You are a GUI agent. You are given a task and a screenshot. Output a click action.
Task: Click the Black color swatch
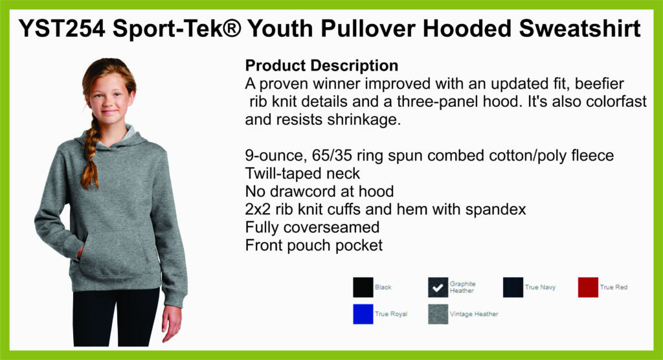[x=363, y=287]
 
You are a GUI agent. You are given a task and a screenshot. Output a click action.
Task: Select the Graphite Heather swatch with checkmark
[x=438, y=287]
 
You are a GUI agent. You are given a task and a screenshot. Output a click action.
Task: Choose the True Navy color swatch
[x=513, y=287]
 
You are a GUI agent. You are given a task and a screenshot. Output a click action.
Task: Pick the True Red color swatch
[x=588, y=287]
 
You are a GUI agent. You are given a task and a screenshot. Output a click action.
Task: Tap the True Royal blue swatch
[x=363, y=314]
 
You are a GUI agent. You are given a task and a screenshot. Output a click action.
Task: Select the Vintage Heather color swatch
[x=438, y=314]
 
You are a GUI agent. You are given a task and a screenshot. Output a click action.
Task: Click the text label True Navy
[x=540, y=287]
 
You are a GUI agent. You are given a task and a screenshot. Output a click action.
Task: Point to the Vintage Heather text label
[x=474, y=314]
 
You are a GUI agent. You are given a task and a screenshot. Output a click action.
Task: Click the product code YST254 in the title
[x=62, y=28]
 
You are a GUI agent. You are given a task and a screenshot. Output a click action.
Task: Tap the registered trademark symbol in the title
[x=231, y=28]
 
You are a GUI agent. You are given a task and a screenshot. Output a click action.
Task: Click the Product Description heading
[x=321, y=65]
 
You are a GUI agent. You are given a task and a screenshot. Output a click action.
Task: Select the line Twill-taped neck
[x=302, y=174]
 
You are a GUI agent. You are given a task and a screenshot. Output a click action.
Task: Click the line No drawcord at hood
[x=319, y=192]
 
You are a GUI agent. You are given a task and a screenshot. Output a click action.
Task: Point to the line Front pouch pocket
[x=314, y=245]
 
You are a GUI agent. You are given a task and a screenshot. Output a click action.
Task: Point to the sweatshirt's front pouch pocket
[x=114, y=254]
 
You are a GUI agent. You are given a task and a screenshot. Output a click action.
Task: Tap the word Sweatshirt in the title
[x=579, y=28]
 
